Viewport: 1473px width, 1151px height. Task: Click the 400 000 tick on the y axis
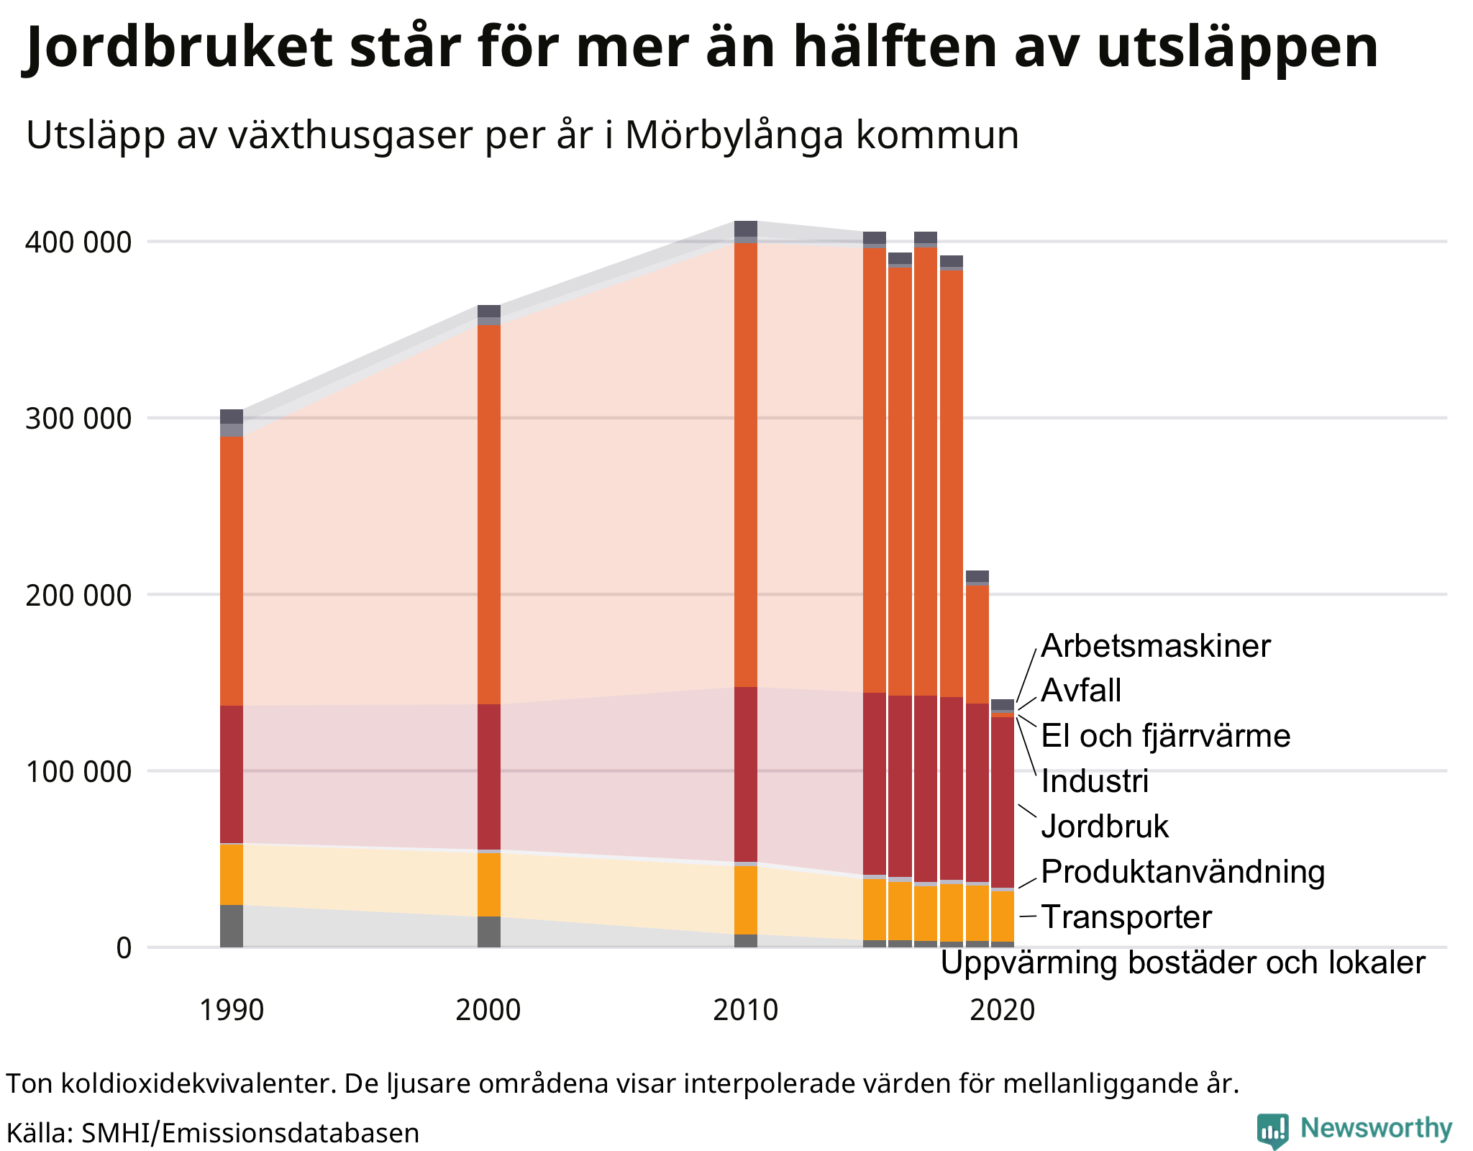click(79, 242)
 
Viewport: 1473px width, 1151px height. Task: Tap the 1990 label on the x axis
click(231, 1010)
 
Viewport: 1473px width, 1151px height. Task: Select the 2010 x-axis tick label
click(745, 1010)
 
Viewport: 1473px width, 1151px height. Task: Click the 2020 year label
click(1002, 1010)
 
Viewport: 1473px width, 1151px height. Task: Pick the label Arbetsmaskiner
click(1155, 646)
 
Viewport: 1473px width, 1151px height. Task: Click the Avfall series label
click(1081, 691)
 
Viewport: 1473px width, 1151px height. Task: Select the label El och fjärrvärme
click(1165, 736)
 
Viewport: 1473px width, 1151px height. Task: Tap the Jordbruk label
click(1105, 826)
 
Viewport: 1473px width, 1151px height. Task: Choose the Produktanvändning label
click(1182, 871)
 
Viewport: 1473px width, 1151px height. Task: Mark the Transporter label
click(1126, 917)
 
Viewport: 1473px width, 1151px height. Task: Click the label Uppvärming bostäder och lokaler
click(1182, 963)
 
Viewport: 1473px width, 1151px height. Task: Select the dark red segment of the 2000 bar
click(488, 777)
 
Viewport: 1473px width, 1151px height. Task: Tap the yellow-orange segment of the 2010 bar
click(745, 899)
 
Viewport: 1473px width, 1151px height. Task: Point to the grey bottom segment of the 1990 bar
click(231, 926)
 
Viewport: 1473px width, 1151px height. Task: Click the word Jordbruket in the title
click(180, 47)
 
